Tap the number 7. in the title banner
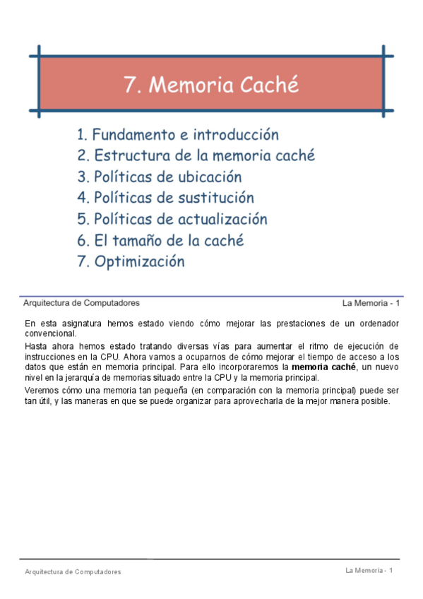(131, 85)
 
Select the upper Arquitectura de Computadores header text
(81, 303)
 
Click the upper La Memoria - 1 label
(371, 304)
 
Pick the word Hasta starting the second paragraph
(35, 346)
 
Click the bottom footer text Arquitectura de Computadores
(73, 571)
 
